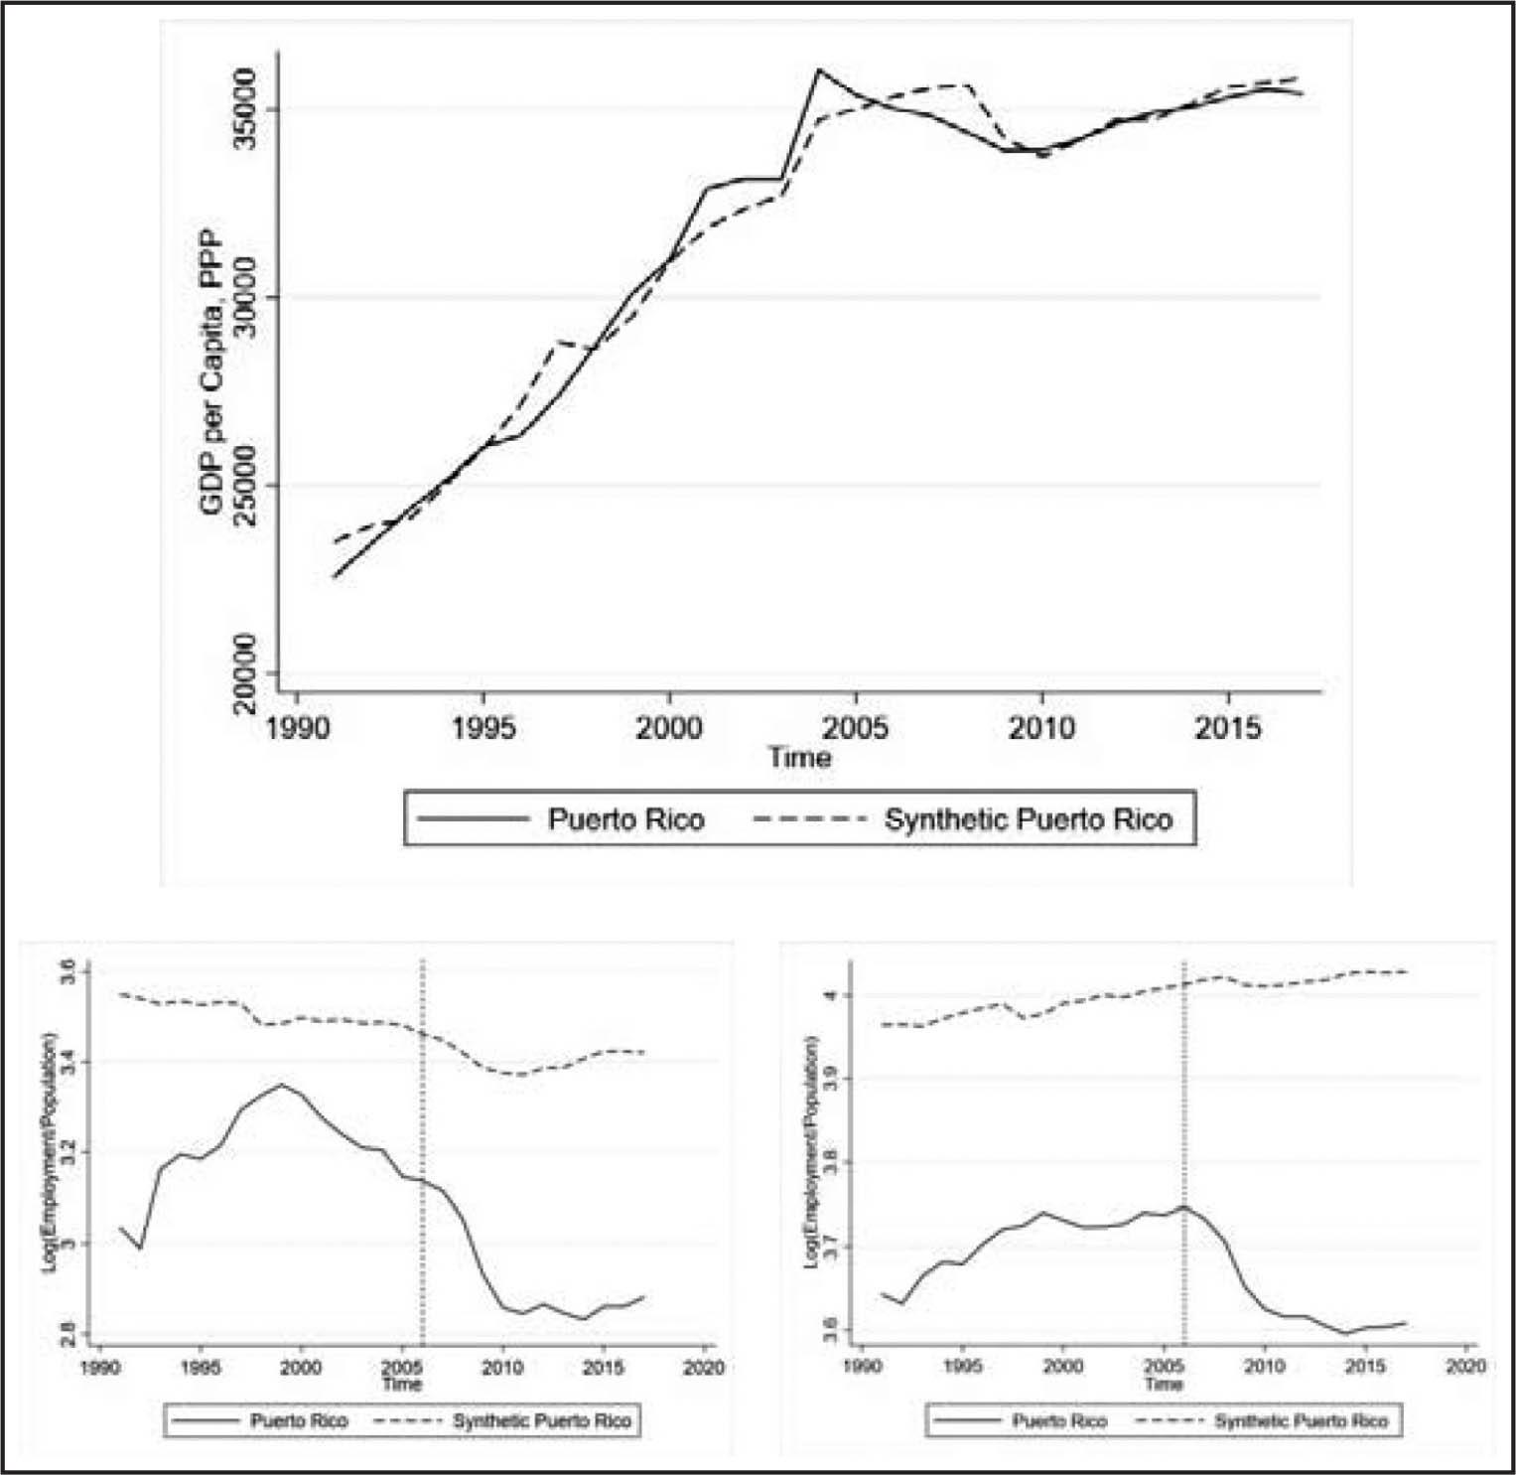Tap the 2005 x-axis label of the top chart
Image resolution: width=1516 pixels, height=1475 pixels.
tap(856, 728)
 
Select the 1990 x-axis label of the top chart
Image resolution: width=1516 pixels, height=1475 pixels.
tap(297, 728)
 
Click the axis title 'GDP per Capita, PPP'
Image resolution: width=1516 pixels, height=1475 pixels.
tap(211, 372)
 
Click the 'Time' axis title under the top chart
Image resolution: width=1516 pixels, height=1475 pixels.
tap(799, 758)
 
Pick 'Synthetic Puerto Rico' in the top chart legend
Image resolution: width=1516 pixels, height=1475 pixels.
tap(1028, 820)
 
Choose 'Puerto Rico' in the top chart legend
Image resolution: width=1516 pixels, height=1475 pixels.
tap(625, 820)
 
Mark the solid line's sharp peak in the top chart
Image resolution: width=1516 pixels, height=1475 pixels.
tap(818, 71)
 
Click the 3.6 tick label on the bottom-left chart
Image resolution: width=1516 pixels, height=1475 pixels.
tap(68, 971)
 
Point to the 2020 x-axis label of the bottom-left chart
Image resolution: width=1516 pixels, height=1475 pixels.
tap(703, 1368)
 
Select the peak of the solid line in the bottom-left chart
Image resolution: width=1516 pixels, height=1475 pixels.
tap(281, 1085)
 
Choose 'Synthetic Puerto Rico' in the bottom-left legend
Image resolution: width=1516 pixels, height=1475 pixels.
tap(542, 1421)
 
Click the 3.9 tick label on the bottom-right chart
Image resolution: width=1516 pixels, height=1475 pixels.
tap(830, 1079)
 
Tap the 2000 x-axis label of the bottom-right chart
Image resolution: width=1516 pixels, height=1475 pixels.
tap(1063, 1368)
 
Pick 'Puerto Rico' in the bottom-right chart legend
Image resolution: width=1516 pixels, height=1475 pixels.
tap(1059, 1421)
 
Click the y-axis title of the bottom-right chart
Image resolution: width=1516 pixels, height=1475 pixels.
tap(811, 1152)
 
